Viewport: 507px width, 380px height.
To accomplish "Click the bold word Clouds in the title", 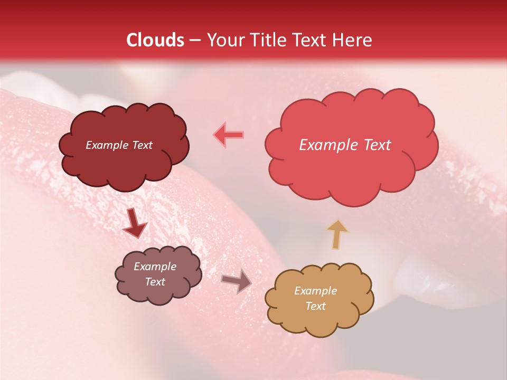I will click(155, 40).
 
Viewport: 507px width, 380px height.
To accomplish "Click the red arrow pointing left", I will click(228, 135).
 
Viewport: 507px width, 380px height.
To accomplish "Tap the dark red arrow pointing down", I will click(135, 223).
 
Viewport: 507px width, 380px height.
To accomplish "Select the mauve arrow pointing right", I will click(236, 281).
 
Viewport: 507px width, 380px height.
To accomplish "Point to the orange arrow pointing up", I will click(337, 234).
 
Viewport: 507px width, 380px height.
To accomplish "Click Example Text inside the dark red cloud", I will click(119, 145).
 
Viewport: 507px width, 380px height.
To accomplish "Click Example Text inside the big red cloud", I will click(345, 145).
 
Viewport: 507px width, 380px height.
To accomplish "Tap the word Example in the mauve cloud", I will click(155, 267).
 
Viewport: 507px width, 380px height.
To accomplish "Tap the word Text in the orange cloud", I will click(315, 306).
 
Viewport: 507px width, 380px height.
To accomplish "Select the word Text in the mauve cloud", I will click(155, 282).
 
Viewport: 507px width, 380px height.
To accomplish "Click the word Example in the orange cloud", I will click(315, 291).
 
